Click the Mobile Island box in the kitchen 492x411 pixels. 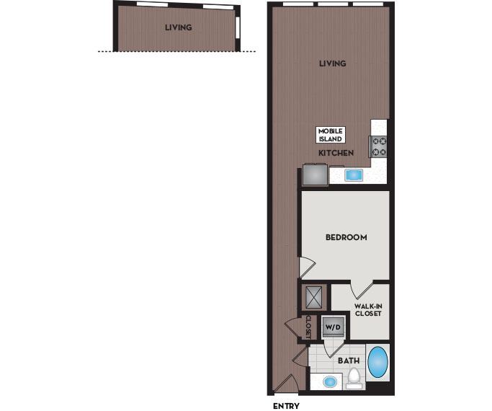331,134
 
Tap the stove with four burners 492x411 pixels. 379,146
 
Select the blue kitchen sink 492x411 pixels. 354,174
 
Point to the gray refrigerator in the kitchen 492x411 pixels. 315,174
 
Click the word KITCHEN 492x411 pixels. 336,154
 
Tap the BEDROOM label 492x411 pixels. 346,237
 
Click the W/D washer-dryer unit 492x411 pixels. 333,327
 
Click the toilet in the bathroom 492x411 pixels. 354,378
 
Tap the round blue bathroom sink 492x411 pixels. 330,381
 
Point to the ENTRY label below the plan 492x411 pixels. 286,405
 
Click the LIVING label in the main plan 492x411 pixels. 333,63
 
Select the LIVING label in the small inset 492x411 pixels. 178,28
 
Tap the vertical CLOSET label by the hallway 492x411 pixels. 308,327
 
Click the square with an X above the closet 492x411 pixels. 315,298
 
